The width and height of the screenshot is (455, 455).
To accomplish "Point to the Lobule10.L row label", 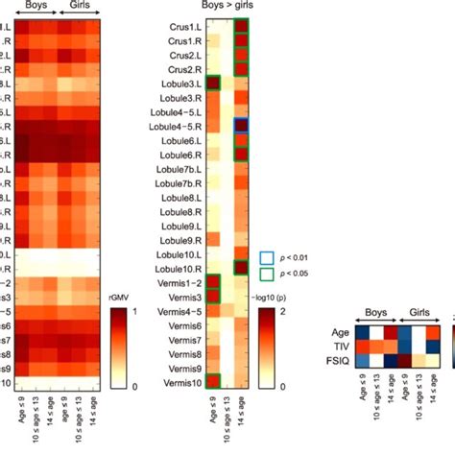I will pos(175,253).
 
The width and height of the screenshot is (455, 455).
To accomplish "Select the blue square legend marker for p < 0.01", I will pos(266,258).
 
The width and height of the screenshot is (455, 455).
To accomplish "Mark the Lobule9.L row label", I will pos(177,225).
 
